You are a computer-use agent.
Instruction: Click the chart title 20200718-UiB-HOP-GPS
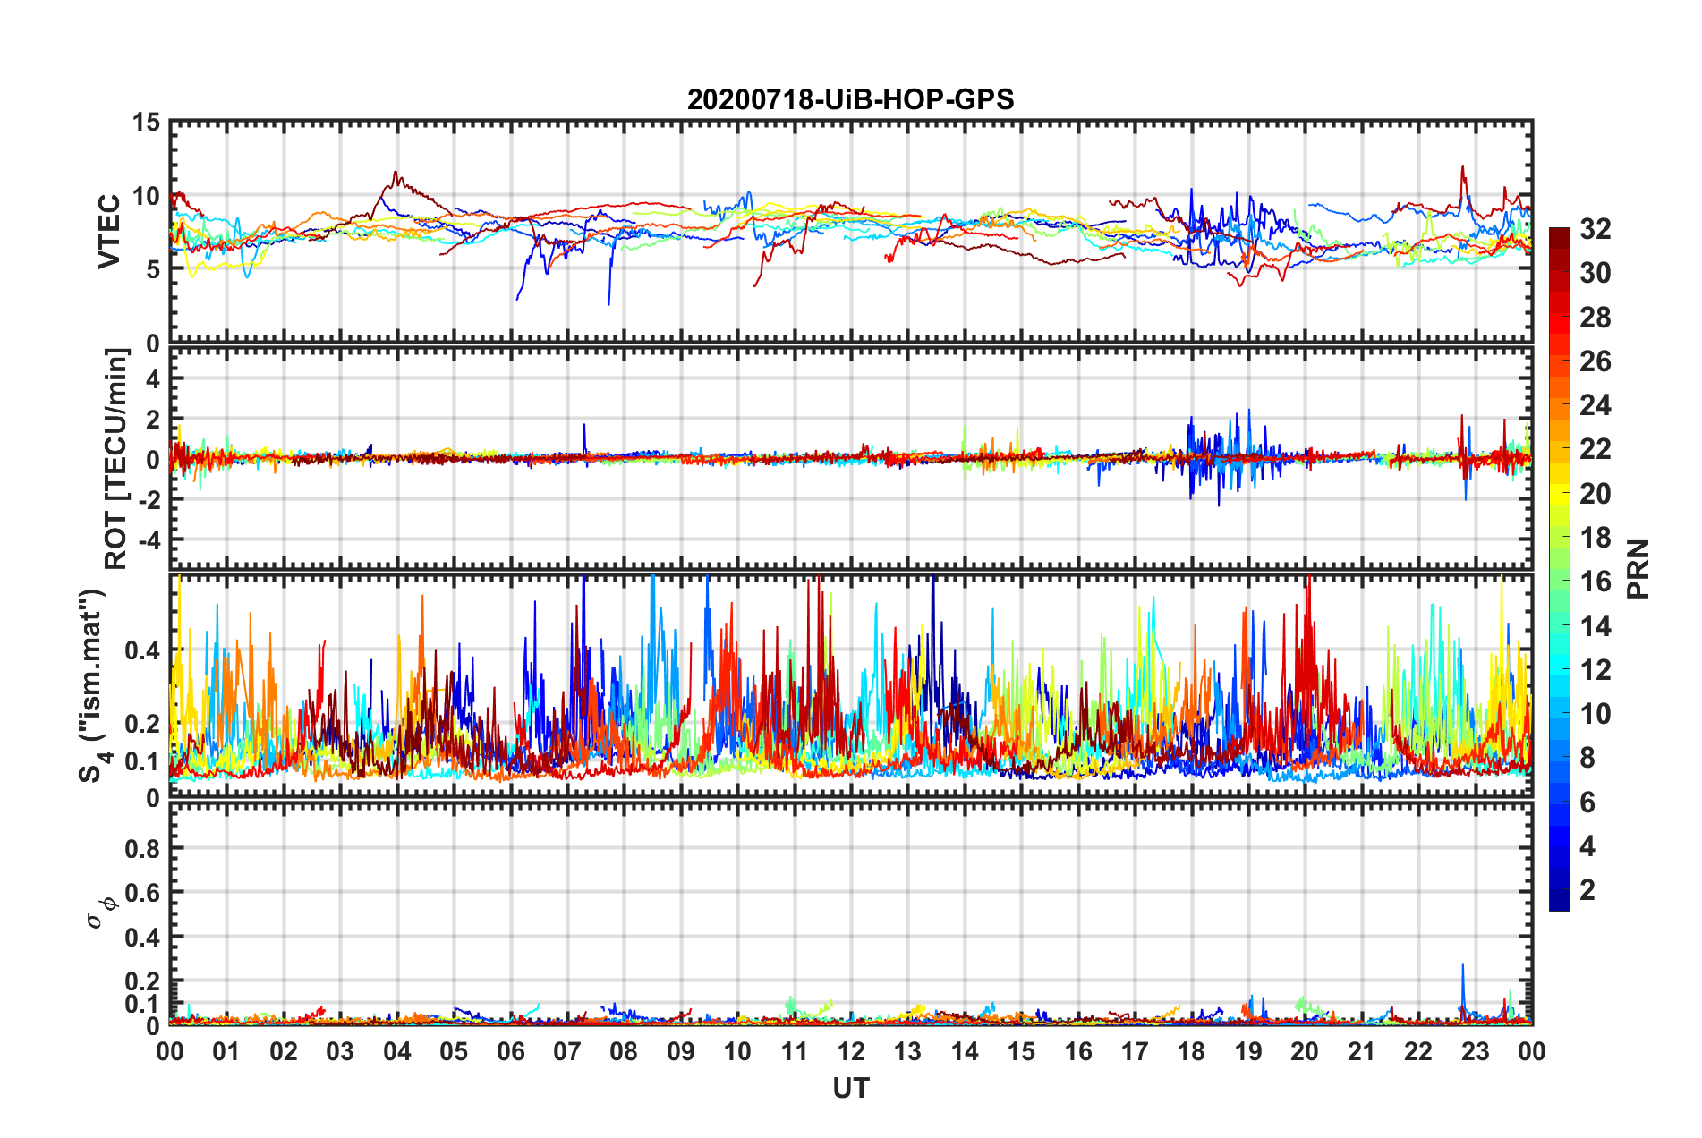coord(850,99)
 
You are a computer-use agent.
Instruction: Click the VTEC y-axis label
coord(109,231)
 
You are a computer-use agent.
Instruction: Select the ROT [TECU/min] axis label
coord(116,459)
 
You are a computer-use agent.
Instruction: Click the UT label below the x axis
coord(850,1088)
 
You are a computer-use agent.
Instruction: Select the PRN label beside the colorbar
coord(1638,569)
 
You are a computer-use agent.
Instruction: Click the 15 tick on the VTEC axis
coord(145,123)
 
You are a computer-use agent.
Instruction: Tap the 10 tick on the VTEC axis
coord(145,196)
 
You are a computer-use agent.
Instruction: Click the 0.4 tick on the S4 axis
coord(142,650)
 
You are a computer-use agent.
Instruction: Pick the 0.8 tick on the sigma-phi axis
coord(142,848)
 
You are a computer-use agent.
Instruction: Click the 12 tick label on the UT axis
coord(851,1052)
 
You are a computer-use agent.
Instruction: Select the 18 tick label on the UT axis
coord(1191,1052)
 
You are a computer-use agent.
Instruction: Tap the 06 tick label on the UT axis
coord(511,1052)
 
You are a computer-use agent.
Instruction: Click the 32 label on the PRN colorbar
coord(1595,229)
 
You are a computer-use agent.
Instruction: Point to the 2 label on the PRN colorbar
coord(1587,889)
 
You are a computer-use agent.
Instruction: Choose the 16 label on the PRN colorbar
coord(1595,582)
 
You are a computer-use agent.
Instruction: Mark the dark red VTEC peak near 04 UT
coord(396,173)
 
